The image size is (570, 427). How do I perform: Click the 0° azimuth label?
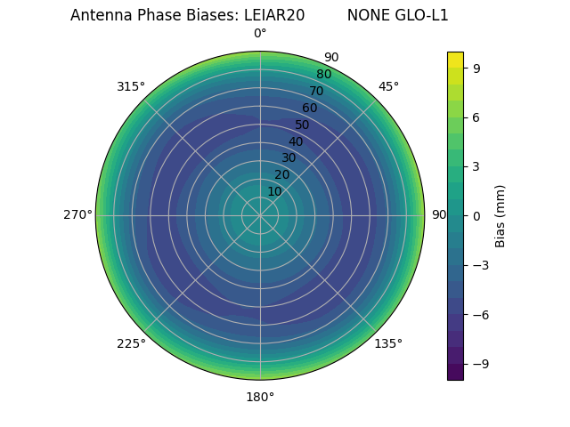[260, 34]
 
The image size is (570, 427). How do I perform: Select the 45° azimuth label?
[388, 86]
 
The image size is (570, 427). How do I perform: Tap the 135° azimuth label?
[388, 343]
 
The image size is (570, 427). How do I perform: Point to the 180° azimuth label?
[260, 397]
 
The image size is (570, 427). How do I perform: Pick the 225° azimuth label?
[131, 343]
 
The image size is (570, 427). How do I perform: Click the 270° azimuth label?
[77, 215]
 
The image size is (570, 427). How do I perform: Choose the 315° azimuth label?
[131, 86]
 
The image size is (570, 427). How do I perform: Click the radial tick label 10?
[274, 191]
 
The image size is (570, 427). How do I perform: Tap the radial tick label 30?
[289, 157]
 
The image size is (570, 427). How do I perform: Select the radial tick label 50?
[303, 125]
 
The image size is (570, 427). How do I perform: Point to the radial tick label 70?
[316, 91]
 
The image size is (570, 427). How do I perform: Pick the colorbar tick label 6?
[477, 117]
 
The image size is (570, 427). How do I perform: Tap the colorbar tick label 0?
[477, 215]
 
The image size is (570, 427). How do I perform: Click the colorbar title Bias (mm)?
[501, 215]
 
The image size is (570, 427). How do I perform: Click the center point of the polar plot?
[260, 215]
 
